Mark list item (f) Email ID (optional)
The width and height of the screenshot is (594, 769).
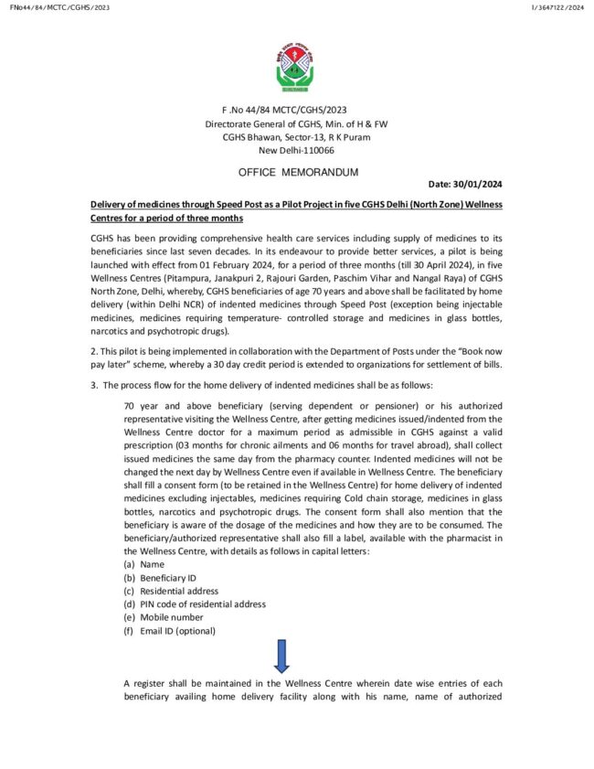169,631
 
